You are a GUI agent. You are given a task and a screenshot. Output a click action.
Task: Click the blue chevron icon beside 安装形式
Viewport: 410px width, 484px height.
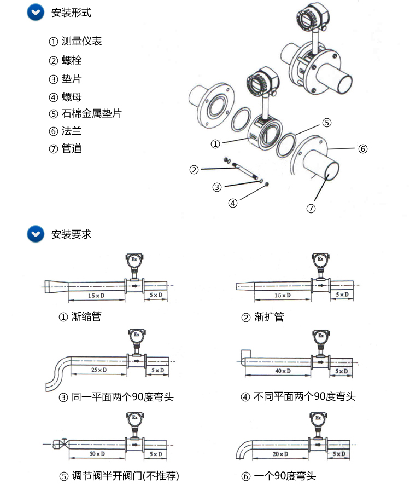[36, 13]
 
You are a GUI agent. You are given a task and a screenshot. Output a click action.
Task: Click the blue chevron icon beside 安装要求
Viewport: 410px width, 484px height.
[36, 234]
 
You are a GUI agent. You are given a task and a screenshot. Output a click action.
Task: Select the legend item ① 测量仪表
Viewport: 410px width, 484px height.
[75, 42]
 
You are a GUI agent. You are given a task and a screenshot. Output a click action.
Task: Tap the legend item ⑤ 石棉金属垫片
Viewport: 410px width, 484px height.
[85, 114]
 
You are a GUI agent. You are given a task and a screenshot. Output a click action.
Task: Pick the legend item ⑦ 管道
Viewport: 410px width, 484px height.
[65, 148]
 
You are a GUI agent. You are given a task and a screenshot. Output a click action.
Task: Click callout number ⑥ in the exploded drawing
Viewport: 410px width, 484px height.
[362, 148]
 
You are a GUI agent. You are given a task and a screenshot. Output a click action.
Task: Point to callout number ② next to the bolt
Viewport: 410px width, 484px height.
[194, 170]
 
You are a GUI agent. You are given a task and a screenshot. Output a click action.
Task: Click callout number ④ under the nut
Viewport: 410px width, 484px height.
[233, 203]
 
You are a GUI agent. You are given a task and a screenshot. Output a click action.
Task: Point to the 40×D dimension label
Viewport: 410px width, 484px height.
[283, 371]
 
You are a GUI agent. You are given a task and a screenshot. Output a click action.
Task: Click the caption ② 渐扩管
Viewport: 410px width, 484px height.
[263, 317]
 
